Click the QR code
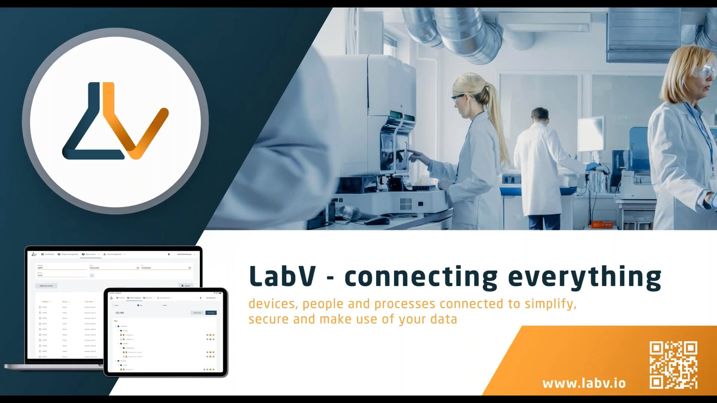(673, 365)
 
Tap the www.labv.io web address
(584, 383)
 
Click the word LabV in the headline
(282, 277)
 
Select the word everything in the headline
(584, 277)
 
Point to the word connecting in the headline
(421, 277)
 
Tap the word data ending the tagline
(443, 319)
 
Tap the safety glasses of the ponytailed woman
(458, 98)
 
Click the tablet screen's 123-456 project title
(120, 313)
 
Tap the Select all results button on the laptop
(46, 286)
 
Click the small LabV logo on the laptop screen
(34, 254)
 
